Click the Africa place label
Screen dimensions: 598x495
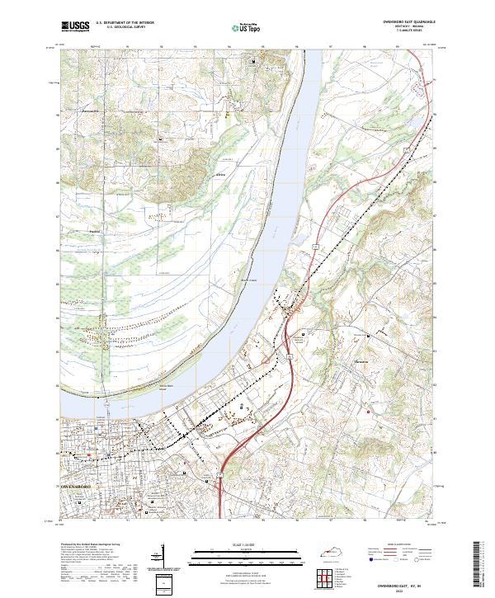click(x=219, y=176)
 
